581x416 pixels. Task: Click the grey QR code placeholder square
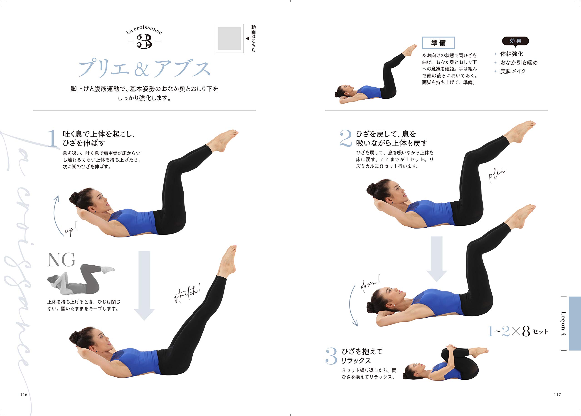(229, 38)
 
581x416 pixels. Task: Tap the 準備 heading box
(438, 43)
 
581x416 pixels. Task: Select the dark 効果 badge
(515, 41)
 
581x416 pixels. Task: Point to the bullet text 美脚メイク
(513, 71)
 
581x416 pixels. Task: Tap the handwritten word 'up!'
(71, 229)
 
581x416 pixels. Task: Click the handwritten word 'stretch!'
(187, 294)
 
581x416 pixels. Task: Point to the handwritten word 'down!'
(370, 283)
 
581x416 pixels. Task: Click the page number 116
(24, 394)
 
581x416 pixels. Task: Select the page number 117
(557, 394)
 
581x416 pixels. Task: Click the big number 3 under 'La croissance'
(144, 42)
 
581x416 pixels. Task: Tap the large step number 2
(346, 138)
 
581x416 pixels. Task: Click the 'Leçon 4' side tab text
(563, 323)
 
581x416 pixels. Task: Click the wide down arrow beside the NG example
(144, 285)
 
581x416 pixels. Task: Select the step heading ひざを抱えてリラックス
(362, 356)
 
